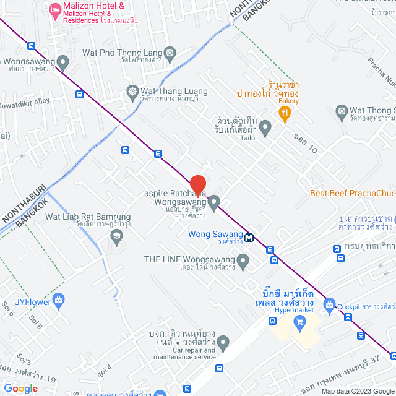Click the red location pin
pyautogui.click(x=197, y=186)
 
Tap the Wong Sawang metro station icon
pyautogui.click(x=249, y=236)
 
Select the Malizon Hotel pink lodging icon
pyautogui.click(x=55, y=10)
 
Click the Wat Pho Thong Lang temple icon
pyautogui.click(x=171, y=53)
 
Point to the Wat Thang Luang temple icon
pyautogui.click(x=132, y=91)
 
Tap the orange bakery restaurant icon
pyautogui.click(x=285, y=112)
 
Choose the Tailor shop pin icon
pyautogui.click(x=265, y=128)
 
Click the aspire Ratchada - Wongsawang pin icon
pyautogui.click(x=214, y=202)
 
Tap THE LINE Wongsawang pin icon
pyautogui.click(x=243, y=262)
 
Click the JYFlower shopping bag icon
pyautogui.click(x=58, y=301)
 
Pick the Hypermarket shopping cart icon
pyautogui.click(x=300, y=321)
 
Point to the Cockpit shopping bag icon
pyautogui.click(x=329, y=304)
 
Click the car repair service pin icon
pyautogui.click(x=223, y=341)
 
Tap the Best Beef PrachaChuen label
pyautogui.click(x=352, y=193)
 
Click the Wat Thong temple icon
pyautogui.click(x=342, y=112)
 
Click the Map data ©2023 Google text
pyautogui.click(x=356, y=391)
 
